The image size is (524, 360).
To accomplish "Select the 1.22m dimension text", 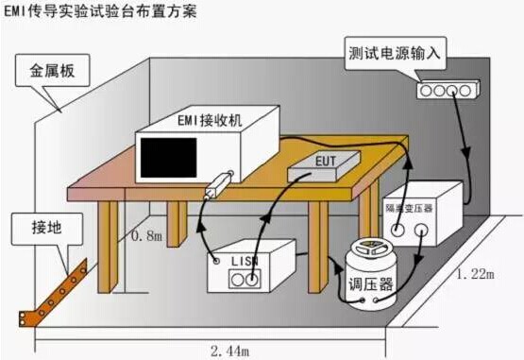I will (x=477, y=274).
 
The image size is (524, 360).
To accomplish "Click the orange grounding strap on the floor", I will (x=52, y=289).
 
